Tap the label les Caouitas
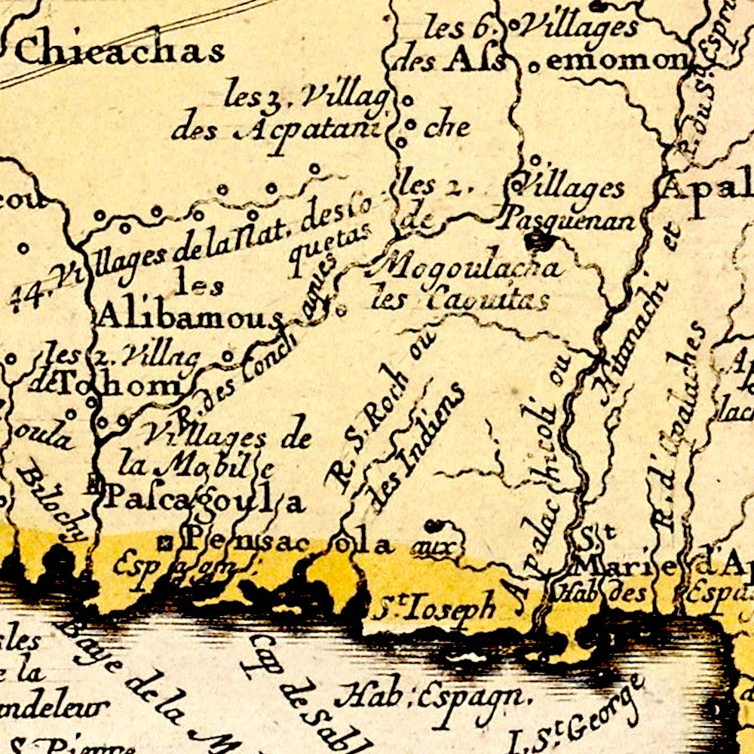click(460, 300)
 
